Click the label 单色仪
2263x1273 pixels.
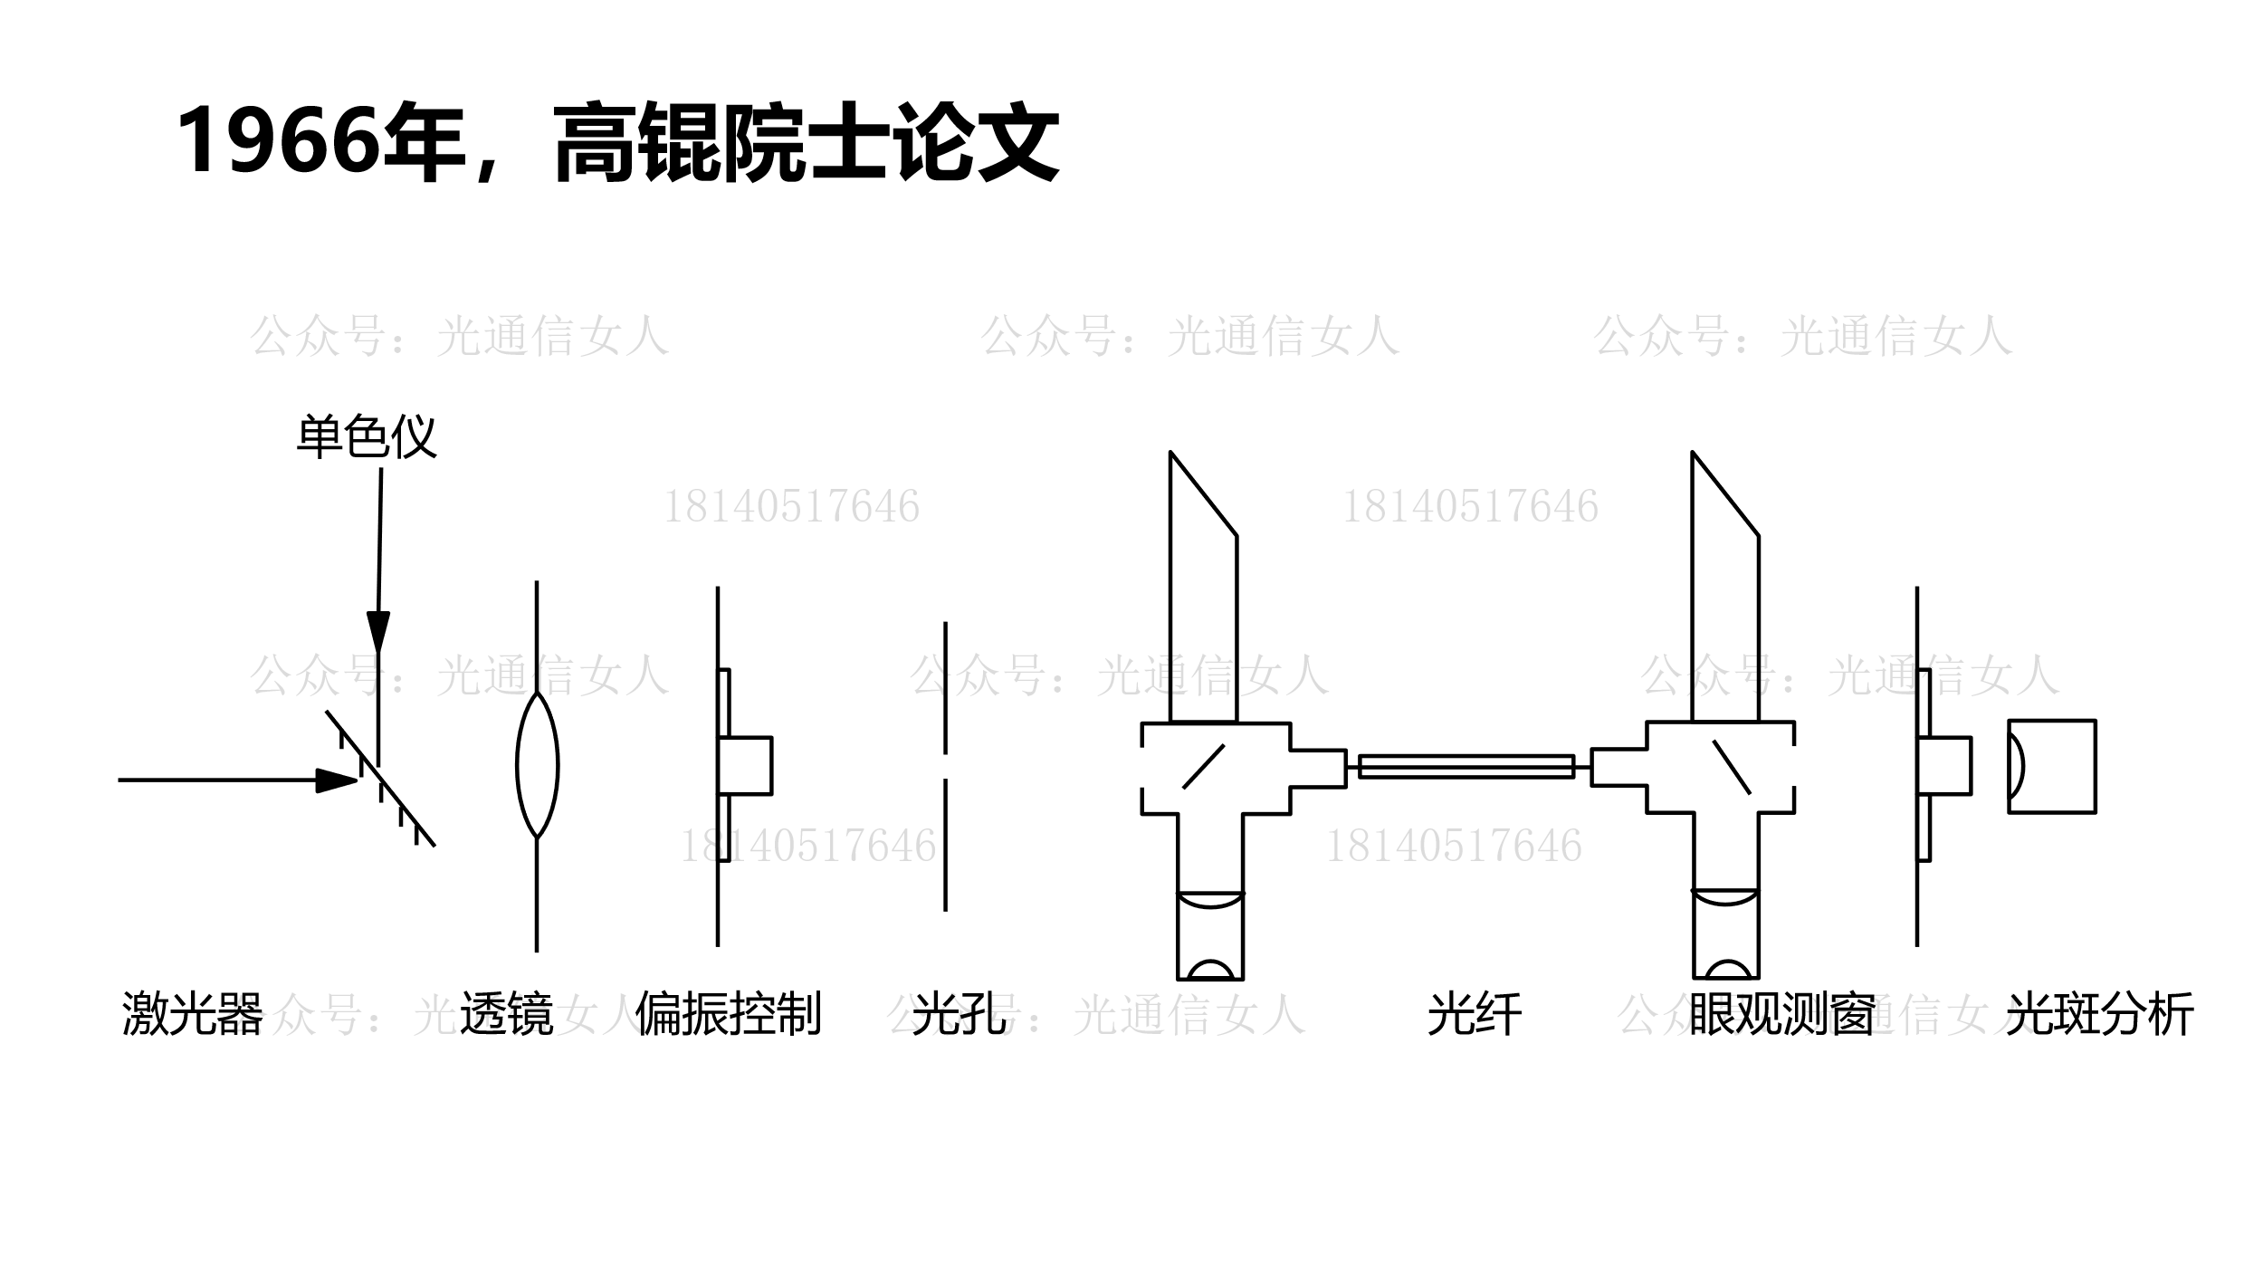point(367,436)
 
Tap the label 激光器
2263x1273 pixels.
point(193,1013)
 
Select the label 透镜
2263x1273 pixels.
point(507,1013)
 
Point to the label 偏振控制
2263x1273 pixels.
point(729,1013)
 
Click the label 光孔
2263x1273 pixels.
point(960,1013)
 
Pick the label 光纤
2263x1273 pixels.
point(1475,1013)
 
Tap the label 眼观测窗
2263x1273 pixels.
point(1782,1013)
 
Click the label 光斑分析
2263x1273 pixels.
point(2100,1013)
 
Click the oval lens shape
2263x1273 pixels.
point(538,765)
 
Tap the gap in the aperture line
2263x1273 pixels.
point(946,766)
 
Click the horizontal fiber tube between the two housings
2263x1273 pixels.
point(1466,766)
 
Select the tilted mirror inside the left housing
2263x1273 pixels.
point(1204,766)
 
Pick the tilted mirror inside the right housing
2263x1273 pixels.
point(1732,767)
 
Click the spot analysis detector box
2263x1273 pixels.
point(2052,766)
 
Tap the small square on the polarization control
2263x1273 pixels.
point(745,766)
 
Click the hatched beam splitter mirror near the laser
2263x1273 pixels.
point(380,779)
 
